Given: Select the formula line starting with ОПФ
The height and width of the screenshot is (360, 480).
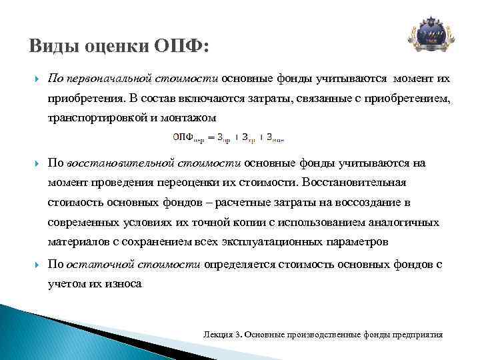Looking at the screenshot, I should (228, 137).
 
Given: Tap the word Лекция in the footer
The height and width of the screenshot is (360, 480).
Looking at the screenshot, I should (217, 333).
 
